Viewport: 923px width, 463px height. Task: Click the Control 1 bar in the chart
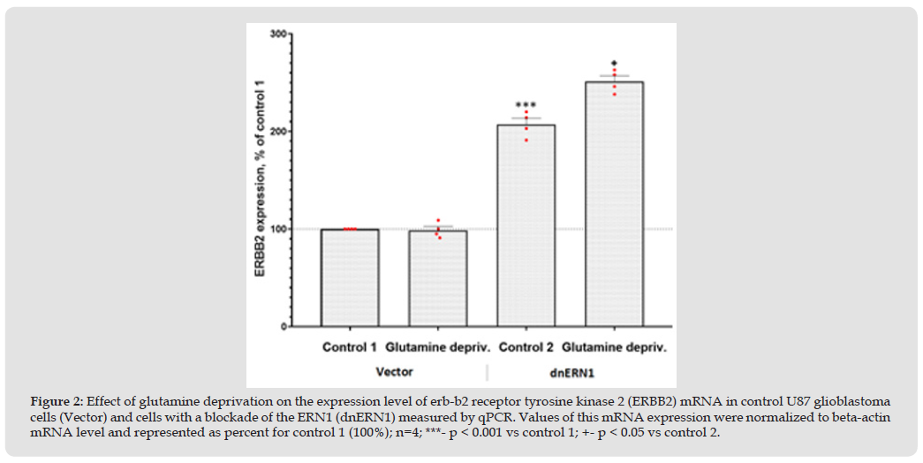[x=350, y=277]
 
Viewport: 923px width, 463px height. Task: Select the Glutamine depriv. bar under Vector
[x=438, y=278]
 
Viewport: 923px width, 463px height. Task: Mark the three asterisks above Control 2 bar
[x=526, y=105]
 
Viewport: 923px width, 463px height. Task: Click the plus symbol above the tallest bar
[x=614, y=63]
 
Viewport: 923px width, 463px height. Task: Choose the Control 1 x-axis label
[x=349, y=347]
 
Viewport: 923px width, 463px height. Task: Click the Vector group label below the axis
[x=395, y=371]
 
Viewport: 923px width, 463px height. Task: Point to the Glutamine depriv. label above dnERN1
[x=614, y=347]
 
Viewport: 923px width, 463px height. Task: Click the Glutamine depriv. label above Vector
[x=438, y=347]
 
